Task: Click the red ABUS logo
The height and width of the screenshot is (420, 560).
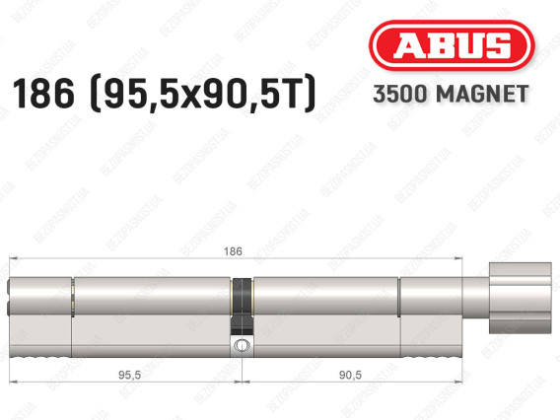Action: [x=452, y=45]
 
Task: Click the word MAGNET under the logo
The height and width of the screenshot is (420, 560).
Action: [x=482, y=94]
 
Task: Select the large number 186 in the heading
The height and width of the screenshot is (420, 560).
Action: [x=43, y=94]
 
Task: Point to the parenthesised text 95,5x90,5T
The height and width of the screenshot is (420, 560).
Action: [x=203, y=94]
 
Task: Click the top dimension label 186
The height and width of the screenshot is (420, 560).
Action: [x=233, y=251]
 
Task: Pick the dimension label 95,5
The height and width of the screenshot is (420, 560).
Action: [x=129, y=375]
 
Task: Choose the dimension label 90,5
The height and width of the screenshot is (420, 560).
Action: [x=350, y=375]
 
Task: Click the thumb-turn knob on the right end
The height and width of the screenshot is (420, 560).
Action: [x=521, y=298]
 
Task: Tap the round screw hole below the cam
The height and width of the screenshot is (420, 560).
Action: [x=243, y=345]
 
